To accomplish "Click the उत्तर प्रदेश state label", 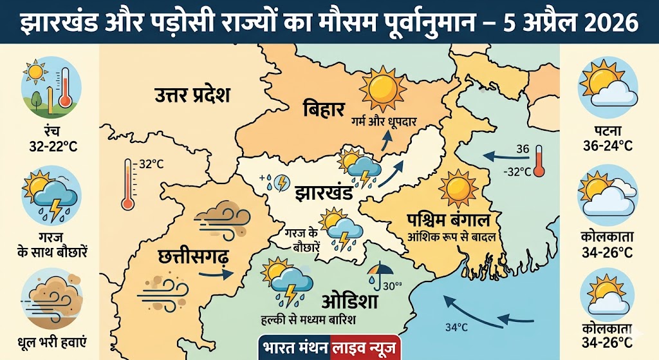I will click(192, 96).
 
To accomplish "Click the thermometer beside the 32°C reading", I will click(127, 185).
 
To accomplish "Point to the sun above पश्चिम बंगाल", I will click(458, 187).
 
